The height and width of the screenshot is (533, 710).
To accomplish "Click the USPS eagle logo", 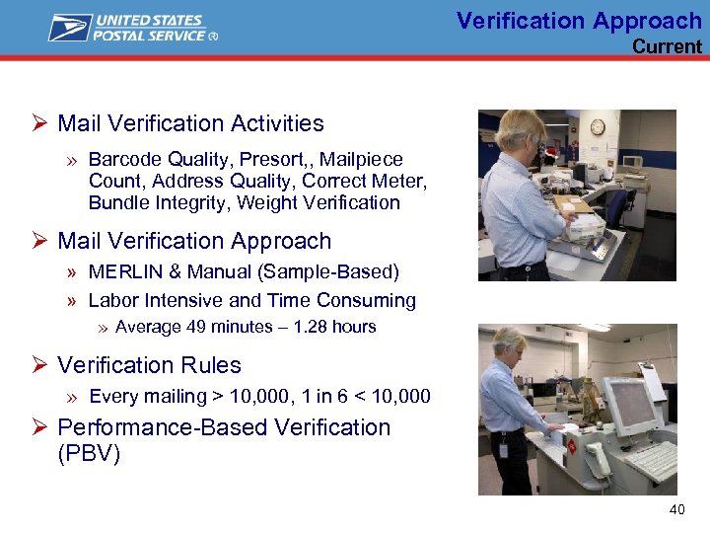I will pos(70,28).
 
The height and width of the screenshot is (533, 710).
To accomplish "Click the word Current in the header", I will pos(667,46).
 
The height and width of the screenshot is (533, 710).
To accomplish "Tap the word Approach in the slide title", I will pos(647,20).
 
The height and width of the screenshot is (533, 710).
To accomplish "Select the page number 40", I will pos(676,509).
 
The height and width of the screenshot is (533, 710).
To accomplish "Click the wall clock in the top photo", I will pos(598,127).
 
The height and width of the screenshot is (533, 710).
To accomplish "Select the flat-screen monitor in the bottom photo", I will pos(629,407).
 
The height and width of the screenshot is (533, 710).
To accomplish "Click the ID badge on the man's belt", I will pos(503,450).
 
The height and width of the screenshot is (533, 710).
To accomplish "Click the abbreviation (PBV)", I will pos(89,455).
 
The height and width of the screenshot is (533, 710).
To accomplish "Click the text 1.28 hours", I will pos(334,327).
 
